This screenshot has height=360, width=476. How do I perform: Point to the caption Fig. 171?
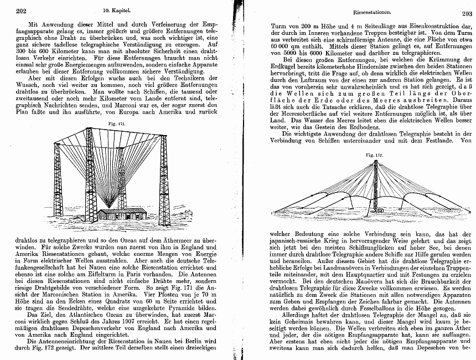click(x=113, y=125)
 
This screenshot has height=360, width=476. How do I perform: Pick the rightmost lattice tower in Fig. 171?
click(x=164, y=180)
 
